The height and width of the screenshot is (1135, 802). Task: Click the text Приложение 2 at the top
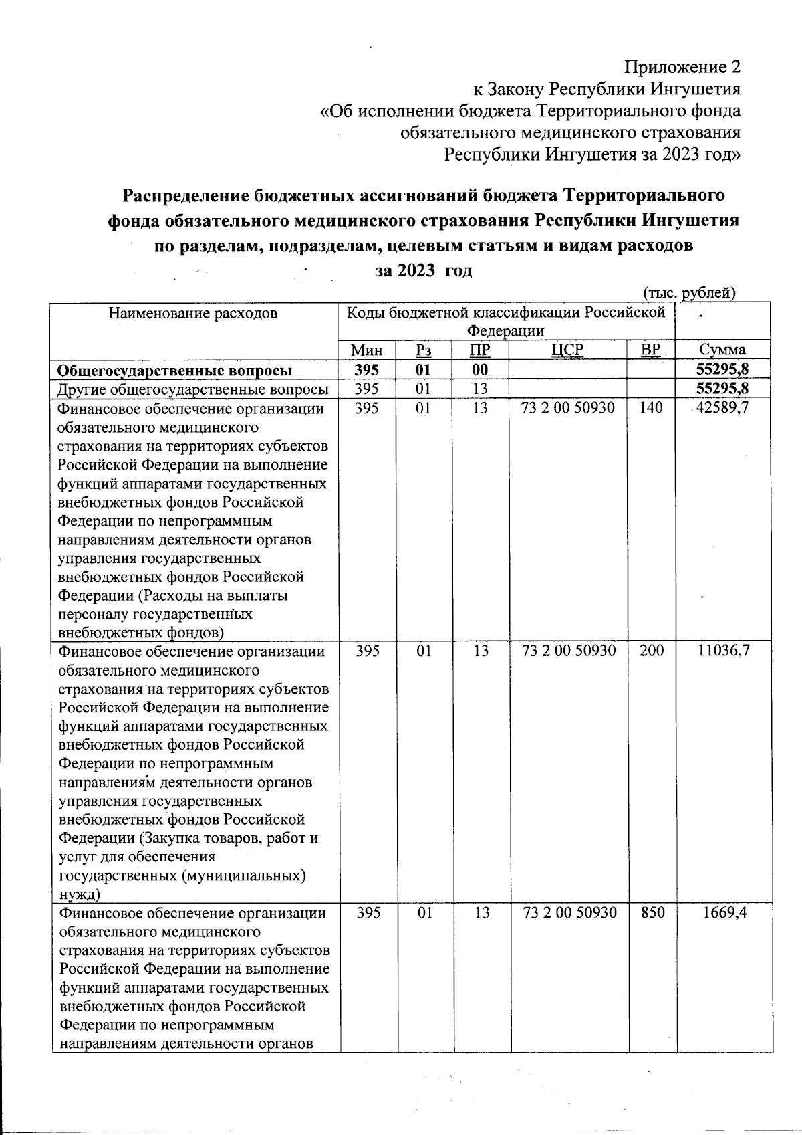pos(682,67)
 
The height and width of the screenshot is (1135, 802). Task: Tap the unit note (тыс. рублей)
pos(688,293)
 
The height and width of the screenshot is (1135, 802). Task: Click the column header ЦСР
pos(567,350)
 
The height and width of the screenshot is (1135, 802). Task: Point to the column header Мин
pos(367,350)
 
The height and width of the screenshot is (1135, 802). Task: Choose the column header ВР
pos(650,350)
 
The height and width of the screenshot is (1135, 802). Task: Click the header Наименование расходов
pos(193,313)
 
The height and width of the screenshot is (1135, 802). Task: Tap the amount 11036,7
pos(723,651)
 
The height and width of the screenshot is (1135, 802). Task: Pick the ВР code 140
pos(650,407)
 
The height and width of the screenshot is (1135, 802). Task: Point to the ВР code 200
pos(651,651)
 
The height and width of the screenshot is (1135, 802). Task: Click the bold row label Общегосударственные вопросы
pos(174,371)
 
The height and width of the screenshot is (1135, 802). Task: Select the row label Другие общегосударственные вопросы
pos(193,389)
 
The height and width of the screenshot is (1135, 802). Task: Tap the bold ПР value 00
pos(479,370)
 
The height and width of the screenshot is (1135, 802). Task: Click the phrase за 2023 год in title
pos(423,271)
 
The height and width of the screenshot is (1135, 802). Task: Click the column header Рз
pos(423,350)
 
